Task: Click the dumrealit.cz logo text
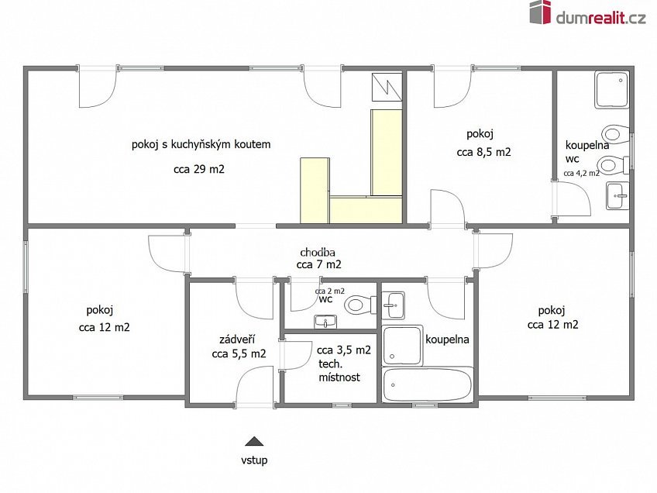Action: coord(601,17)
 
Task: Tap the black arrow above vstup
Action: coord(254,441)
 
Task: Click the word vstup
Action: coord(254,460)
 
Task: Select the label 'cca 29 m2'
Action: coord(199,169)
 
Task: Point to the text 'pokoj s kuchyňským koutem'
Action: coord(201,145)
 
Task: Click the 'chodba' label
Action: coord(318,253)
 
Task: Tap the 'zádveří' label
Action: coord(237,340)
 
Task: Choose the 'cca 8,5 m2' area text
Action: coord(484,152)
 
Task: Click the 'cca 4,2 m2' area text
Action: coord(581,173)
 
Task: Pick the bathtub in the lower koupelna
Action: coord(428,384)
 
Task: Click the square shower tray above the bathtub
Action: coord(403,346)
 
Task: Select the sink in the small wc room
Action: coord(325,322)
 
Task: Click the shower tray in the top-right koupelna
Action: coord(612,89)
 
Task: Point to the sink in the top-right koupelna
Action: coord(617,196)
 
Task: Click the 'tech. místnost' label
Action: coord(339,371)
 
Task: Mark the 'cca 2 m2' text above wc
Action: coord(330,291)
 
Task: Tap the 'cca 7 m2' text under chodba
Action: coord(318,265)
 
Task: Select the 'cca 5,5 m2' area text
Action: coord(239,353)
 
